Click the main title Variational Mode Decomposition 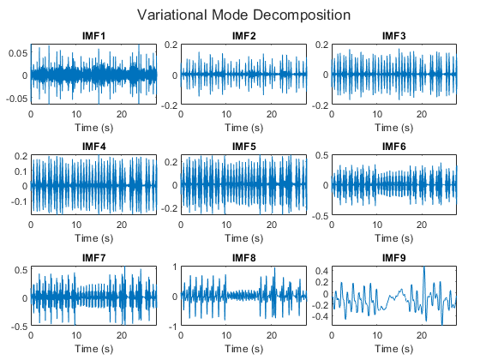click(x=243, y=15)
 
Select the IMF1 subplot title click(x=93, y=36)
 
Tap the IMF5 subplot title click(x=243, y=147)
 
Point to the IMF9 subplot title click(x=394, y=258)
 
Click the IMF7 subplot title click(x=93, y=258)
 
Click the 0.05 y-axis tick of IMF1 click(x=18, y=53)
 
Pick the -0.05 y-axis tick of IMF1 click(x=16, y=99)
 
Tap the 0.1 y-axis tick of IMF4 click(x=21, y=171)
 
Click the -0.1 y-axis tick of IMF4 click(x=19, y=201)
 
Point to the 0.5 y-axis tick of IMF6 click(x=322, y=155)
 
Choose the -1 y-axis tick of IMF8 click(x=173, y=327)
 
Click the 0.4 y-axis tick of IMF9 click(x=322, y=271)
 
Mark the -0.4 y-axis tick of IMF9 click(x=321, y=316)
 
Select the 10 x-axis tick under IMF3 click(x=377, y=114)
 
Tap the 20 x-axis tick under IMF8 click(x=272, y=335)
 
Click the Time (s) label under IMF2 click(x=244, y=128)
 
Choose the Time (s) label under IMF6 click(x=394, y=238)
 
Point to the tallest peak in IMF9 click(x=424, y=267)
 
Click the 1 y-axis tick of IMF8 click(x=175, y=267)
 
